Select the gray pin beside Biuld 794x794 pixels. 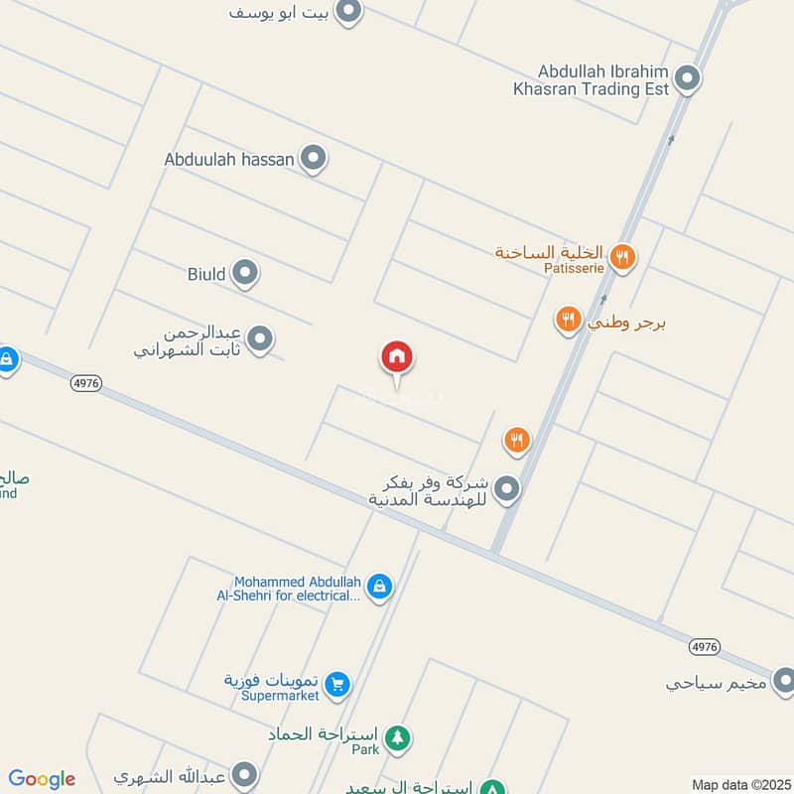(x=245, y=273)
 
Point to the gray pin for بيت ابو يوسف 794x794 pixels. (x=348, y=12)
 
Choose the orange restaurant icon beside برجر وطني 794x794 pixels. (x=568, y=320)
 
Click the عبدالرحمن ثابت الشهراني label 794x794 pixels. (x=191, y=340)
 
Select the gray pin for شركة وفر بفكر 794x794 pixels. (x=507, y=488)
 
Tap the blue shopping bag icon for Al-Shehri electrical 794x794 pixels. (x=378, y=588)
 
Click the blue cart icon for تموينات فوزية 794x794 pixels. (x=337, y=684)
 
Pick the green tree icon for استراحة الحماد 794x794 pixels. (x=397, y=737)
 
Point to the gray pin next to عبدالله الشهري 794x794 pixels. (x=244, y=775)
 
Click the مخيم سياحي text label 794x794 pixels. (x=717, y=683)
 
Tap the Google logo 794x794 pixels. (x=42, y=779)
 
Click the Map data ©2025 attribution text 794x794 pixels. (x=739, y=784)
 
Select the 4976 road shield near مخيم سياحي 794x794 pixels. (x=703, y=646)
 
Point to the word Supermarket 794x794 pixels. (x=281, y=696)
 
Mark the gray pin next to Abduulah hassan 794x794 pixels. (x=314, y=158)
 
